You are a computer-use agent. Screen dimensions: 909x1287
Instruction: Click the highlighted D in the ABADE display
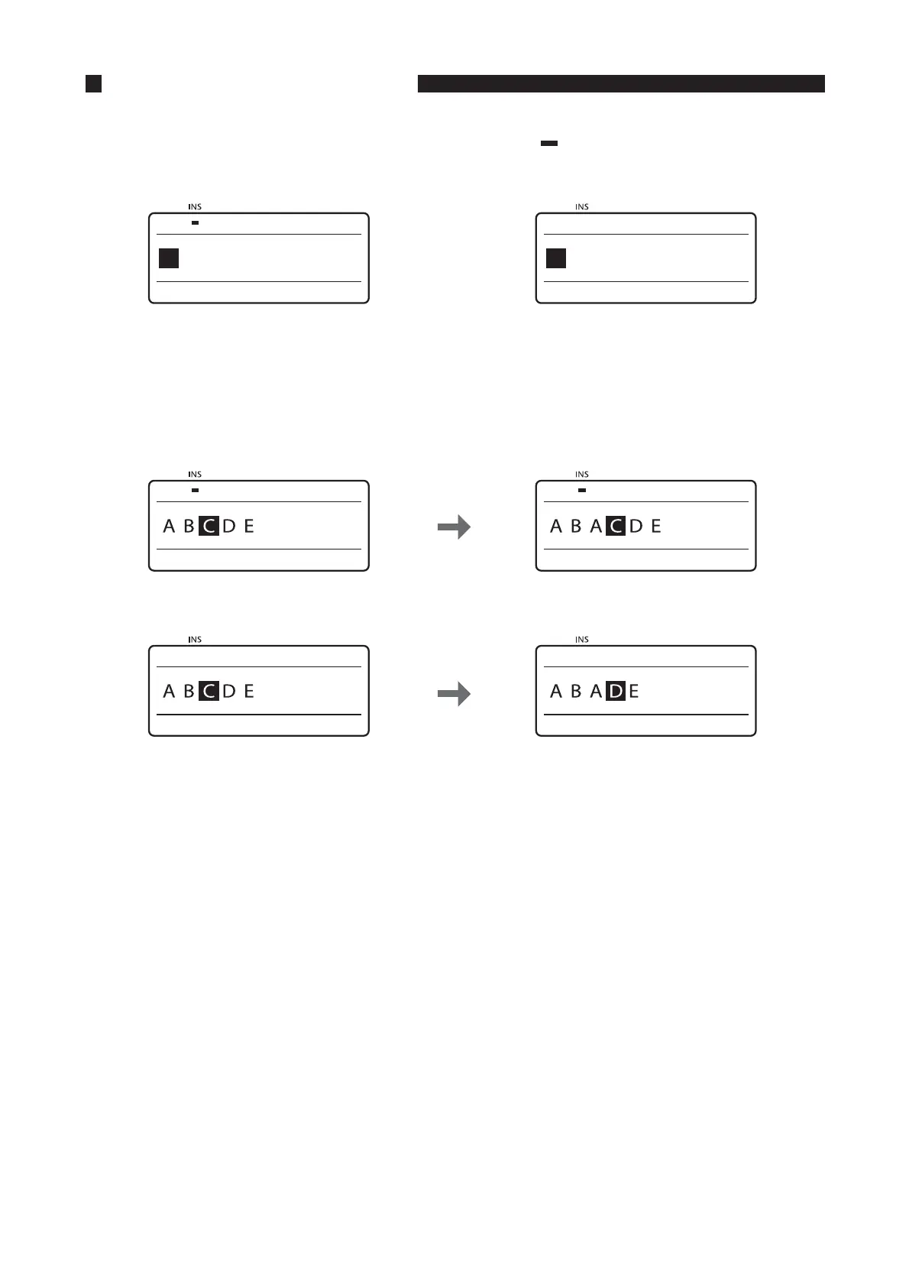click(616, 692)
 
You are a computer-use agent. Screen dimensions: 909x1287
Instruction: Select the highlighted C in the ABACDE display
click(616, 526)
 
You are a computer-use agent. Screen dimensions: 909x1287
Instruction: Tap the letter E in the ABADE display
click(634, 692)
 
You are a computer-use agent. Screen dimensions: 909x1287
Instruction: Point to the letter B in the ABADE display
click(576, 692)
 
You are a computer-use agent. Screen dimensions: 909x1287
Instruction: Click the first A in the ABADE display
click(556, 692)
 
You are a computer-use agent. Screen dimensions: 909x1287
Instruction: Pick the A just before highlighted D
click(596, 692)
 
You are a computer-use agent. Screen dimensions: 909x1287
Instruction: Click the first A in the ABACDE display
click(556, 526)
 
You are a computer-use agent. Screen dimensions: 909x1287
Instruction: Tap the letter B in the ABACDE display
click(576, 526)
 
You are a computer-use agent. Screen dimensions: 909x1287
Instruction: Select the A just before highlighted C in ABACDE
click(596, 526)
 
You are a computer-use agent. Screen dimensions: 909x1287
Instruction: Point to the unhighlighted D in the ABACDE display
click(636, 526)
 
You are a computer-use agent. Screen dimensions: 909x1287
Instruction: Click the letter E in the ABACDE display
click(655, 526)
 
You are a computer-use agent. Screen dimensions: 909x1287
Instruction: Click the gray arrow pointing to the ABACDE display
click(454, 527)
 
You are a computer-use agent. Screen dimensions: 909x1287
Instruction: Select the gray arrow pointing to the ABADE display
click(454, 694)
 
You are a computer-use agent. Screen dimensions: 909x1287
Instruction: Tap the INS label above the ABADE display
click(582, 640)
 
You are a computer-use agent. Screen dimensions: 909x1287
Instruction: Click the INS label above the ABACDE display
click(582, 475)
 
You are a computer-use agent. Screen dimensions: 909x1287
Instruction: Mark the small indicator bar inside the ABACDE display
click(582, 491)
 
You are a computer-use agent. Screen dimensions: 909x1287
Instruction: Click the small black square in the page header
click(94, 83)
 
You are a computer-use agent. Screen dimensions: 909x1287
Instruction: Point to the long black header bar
click(621, 83)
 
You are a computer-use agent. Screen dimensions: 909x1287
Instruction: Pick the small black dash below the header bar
click(549, 143)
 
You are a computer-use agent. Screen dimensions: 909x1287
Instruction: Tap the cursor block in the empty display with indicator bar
click(169, 258)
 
